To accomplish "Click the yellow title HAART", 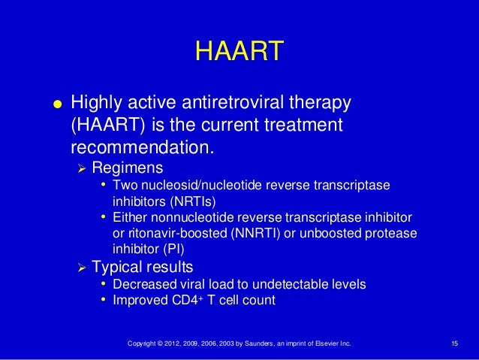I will click(x=239, y=52).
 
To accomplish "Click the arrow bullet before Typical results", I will click(x=84, y=268).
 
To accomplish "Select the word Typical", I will click(x=119, y=268).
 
